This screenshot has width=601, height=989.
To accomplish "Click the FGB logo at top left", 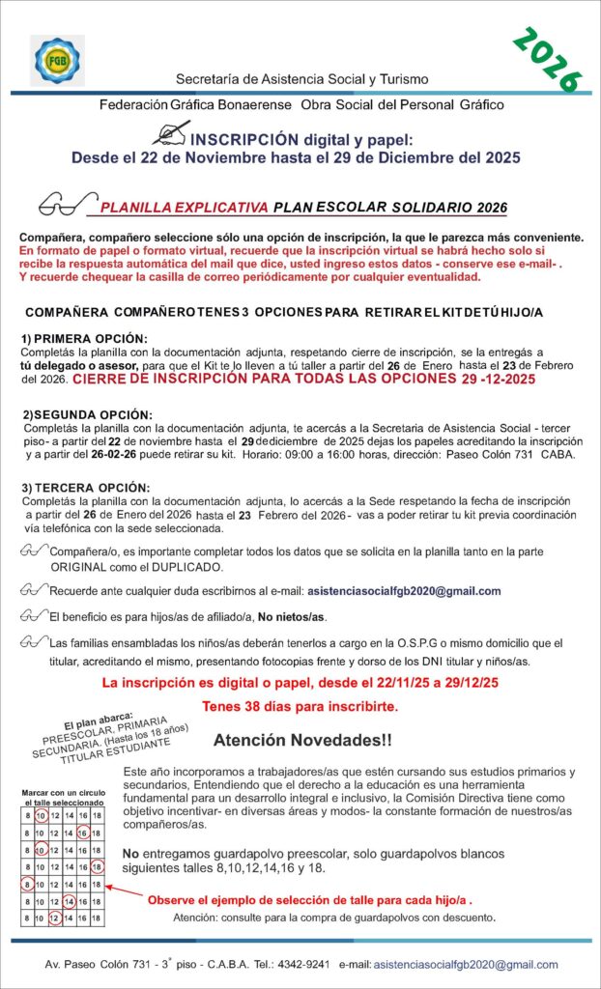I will (x=57, y=60).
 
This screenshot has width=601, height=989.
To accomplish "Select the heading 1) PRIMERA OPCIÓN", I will (x=84, y=338).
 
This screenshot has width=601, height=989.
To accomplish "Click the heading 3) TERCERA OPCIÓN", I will (x=85, y=488).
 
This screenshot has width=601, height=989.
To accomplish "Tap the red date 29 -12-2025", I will (x=492, y=381).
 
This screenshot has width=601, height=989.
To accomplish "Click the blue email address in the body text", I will (x=403, y=591).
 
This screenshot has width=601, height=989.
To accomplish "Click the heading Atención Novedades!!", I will (x=302, y=741).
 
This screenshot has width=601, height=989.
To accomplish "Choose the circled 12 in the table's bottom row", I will (x=55, y=918).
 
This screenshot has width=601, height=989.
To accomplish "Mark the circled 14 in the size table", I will (x=70, y=902).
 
